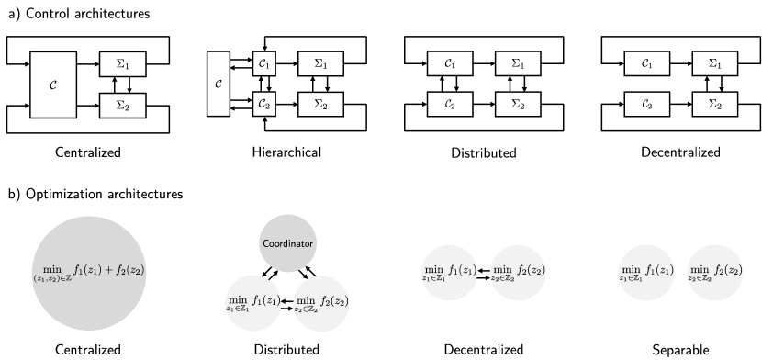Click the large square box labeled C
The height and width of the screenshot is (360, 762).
click(53, 84)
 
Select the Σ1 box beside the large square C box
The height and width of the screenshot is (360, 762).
click(122, 64)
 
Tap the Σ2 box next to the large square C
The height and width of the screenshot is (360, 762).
click(122, 105)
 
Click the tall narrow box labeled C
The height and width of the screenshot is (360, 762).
click(218, 84)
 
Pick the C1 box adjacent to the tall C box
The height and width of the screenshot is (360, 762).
click(264, 64)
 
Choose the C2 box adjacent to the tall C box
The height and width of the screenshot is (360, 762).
click(264, 105)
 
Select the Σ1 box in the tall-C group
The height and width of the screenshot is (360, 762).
click(320, 64)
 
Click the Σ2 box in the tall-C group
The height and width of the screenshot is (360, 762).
click(320, 105)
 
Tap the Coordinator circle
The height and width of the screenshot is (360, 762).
click(288, 243)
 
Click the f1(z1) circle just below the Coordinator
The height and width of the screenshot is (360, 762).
click(254, 302)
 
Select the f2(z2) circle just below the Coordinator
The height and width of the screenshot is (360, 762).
click(321, 302)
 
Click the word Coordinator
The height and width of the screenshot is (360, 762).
click(288, 244)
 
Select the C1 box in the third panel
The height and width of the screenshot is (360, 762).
click(450, 64)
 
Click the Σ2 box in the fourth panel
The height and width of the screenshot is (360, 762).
click(714, 105)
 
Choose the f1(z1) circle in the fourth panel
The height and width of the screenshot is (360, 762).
click(647, 273)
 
